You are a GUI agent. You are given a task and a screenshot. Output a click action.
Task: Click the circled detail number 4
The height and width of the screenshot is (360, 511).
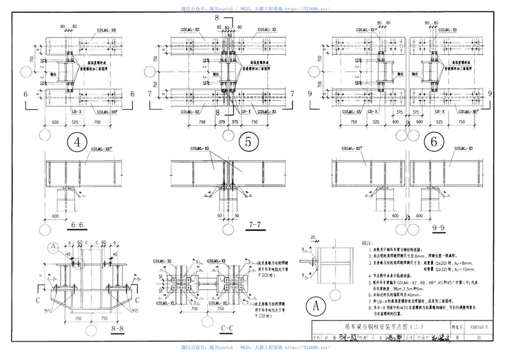click(78, 142)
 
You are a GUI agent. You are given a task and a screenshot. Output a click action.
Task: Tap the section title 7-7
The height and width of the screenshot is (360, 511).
click(254, 225)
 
